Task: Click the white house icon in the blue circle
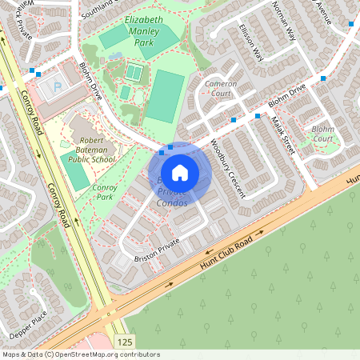pos(180,172)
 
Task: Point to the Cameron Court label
pos(220,88)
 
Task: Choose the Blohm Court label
pos(323,133)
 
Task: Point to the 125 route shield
pos(124,342)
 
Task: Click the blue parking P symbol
pos(56,86)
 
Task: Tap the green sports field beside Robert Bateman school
pos(75,170)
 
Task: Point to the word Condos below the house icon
pos(171,203)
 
